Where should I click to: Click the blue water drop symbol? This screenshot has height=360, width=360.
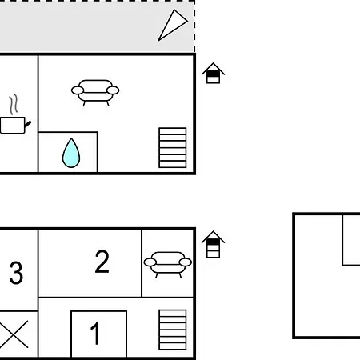click(x=71, y=153)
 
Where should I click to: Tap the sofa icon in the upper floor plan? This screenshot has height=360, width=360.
click(x=95, y=93)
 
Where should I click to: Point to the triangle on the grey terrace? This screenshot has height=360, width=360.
click(x=173, y=25)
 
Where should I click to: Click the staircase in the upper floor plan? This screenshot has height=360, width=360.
click(x=173, y=148)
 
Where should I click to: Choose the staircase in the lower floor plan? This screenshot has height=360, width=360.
click(x=173, y=330)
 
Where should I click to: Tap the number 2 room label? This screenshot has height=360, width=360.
click(x=102, y=262)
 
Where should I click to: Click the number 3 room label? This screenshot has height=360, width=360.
click(x=16, y=273)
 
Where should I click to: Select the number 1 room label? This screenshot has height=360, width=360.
click(x=95, y=333)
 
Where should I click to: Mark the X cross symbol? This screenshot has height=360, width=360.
click(x=14, y=334)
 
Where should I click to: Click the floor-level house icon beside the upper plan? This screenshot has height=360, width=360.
click(x=213, y=73)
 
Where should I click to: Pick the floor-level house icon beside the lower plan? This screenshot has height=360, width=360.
click(x=213, y=244)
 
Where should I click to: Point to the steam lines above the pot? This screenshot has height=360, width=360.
click(x=14, y=104)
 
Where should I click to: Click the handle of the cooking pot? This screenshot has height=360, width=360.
click(x=28, y=124)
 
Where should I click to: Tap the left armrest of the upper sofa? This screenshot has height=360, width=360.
click(x=78, y=90)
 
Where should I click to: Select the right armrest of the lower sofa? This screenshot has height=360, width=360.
click(x=186, y=262)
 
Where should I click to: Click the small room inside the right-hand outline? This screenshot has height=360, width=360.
click(x=351, y=240)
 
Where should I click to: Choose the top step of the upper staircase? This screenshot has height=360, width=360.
click(x=173, y=131)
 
